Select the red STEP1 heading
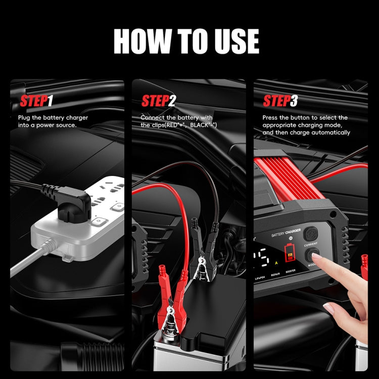[36, 101]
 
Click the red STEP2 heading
[158, 101]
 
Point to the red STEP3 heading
[280, 101]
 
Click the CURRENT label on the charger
[311, 245]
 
